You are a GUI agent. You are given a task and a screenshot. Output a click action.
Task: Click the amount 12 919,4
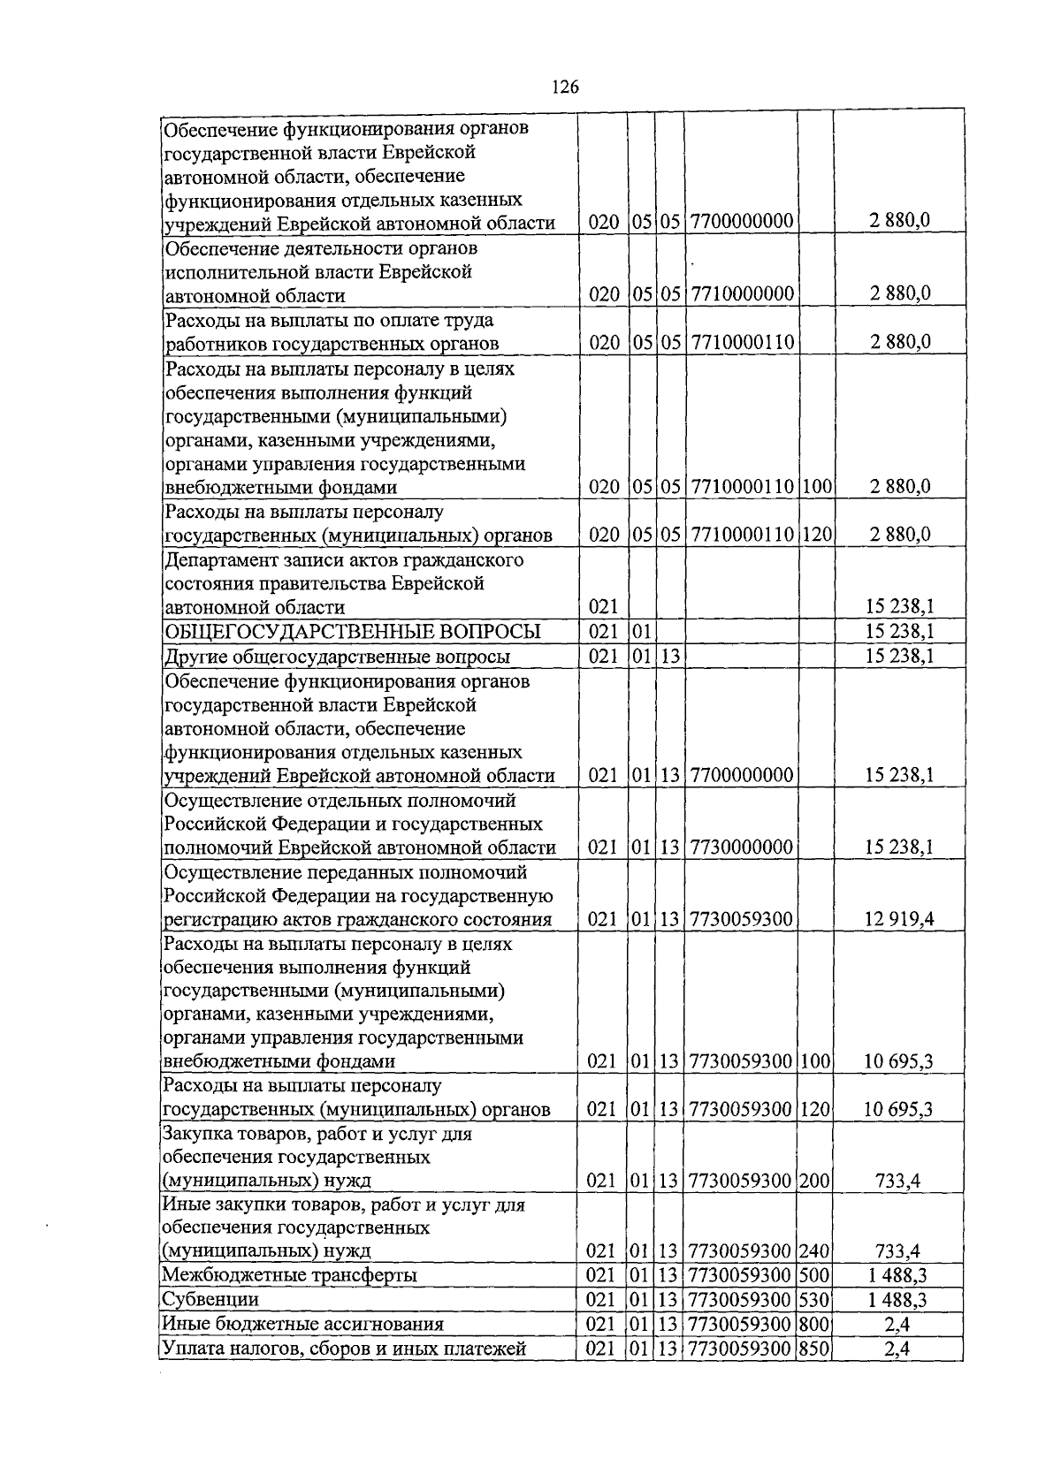coord(898,919)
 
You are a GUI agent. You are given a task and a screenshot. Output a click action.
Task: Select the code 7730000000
coord(741,847)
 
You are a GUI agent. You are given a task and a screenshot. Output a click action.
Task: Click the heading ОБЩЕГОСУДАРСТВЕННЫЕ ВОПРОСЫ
coord(353,632)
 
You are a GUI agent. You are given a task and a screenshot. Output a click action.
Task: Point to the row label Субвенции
coord(210,1299)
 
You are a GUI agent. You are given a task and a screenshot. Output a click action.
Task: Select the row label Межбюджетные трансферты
coord(289,1275)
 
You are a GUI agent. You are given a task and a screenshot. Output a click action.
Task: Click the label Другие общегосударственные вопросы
coord(337,657)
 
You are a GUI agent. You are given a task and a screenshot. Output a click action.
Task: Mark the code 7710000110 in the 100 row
coord(741,487)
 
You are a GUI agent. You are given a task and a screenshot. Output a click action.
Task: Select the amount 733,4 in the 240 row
coord(898,1251)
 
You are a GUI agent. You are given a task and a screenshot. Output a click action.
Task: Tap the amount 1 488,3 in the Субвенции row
coord(898,1299)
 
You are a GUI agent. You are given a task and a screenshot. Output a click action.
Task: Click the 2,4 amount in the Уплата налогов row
coord(898,1348)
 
